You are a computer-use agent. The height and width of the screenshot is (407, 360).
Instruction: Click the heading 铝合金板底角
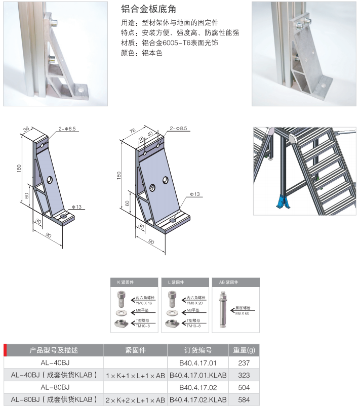pos(149,10)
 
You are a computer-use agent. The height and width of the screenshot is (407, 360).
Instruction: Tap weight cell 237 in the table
pos(245,363)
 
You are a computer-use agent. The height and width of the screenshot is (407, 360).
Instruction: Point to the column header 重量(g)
pos(245,350)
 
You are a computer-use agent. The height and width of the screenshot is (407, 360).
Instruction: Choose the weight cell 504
pos(245,387)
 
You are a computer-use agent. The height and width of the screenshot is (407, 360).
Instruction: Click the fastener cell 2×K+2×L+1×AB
pos(135,399)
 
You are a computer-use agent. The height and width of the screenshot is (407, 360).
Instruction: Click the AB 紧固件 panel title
pos(228,282)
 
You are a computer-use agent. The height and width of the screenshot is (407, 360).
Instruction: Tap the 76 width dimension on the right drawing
pos(132,131)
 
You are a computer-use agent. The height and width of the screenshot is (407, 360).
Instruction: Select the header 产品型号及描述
pos(53,350)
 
